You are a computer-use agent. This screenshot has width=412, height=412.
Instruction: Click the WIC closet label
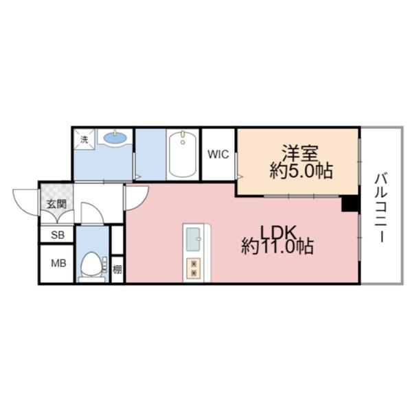point(218,154)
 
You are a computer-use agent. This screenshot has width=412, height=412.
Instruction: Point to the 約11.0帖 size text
point(277,247)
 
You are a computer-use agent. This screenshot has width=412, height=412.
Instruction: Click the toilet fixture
point(89,265)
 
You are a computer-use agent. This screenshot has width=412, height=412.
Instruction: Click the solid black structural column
point(350,204)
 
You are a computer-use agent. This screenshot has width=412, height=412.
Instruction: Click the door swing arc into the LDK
point(135,198)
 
